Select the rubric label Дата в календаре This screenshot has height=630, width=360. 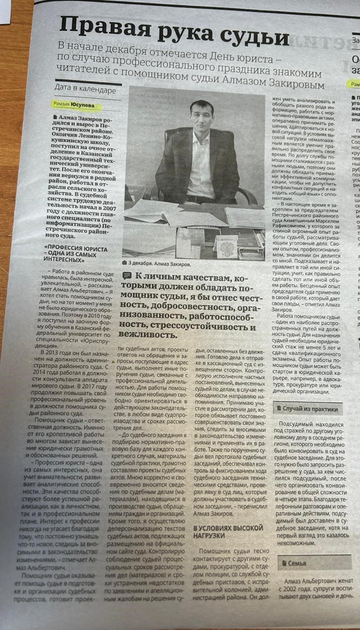pyautogui.click(x=86, y=91)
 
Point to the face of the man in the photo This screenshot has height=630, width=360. pyautogui.click(x=191, y=115)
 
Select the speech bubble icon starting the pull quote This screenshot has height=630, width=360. pyautogui.click(x=127, y=276)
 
